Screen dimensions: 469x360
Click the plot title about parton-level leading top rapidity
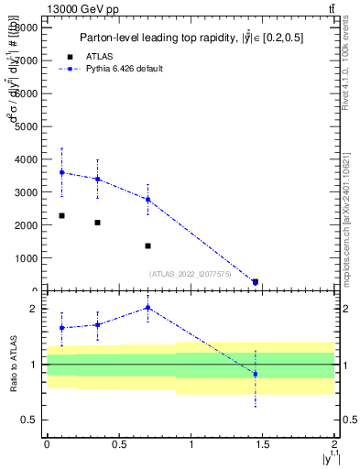[191, 38]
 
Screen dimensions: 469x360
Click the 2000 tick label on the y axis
[27, 225]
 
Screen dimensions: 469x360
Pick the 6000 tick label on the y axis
[27, 93]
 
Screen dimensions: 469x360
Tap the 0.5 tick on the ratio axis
[32, 420]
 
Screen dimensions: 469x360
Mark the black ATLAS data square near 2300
[61, 215]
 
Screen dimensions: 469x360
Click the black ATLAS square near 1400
[147, 245]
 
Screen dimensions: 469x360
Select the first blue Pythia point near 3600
[61, 172]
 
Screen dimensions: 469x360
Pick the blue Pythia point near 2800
[147, 199]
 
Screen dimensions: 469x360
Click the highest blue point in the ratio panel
[147, 308]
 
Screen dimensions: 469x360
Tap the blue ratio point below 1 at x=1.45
[256, 374]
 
